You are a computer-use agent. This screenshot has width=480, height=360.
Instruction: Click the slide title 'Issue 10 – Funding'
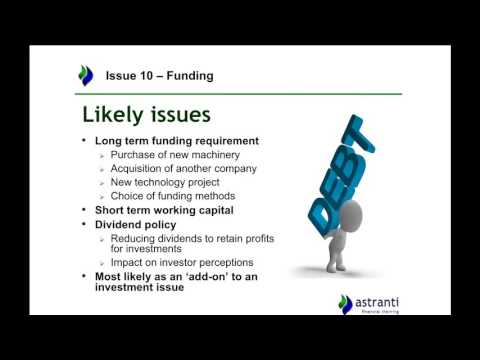tap(159, 76)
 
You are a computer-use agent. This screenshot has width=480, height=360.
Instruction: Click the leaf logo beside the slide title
tap(86, 75)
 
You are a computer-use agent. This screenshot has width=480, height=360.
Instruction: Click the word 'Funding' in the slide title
tap(190, 76)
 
